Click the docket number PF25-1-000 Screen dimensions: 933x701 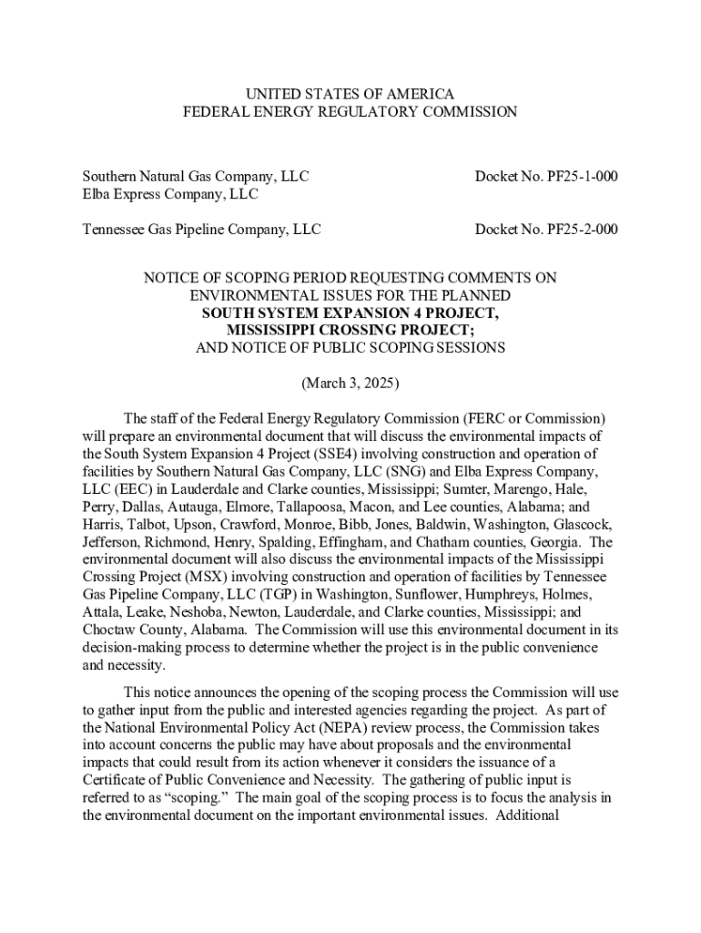coord(546,176)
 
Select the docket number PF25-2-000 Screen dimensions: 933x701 coord(546,230)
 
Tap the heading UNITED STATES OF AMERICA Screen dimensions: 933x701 coord(350,95)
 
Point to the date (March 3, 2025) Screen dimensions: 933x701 coord(350,384)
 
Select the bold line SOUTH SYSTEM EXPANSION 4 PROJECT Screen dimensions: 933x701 coord(350,313)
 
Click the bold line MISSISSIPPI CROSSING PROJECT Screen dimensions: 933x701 coord(350,330)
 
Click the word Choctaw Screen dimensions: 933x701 coord(108,631)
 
